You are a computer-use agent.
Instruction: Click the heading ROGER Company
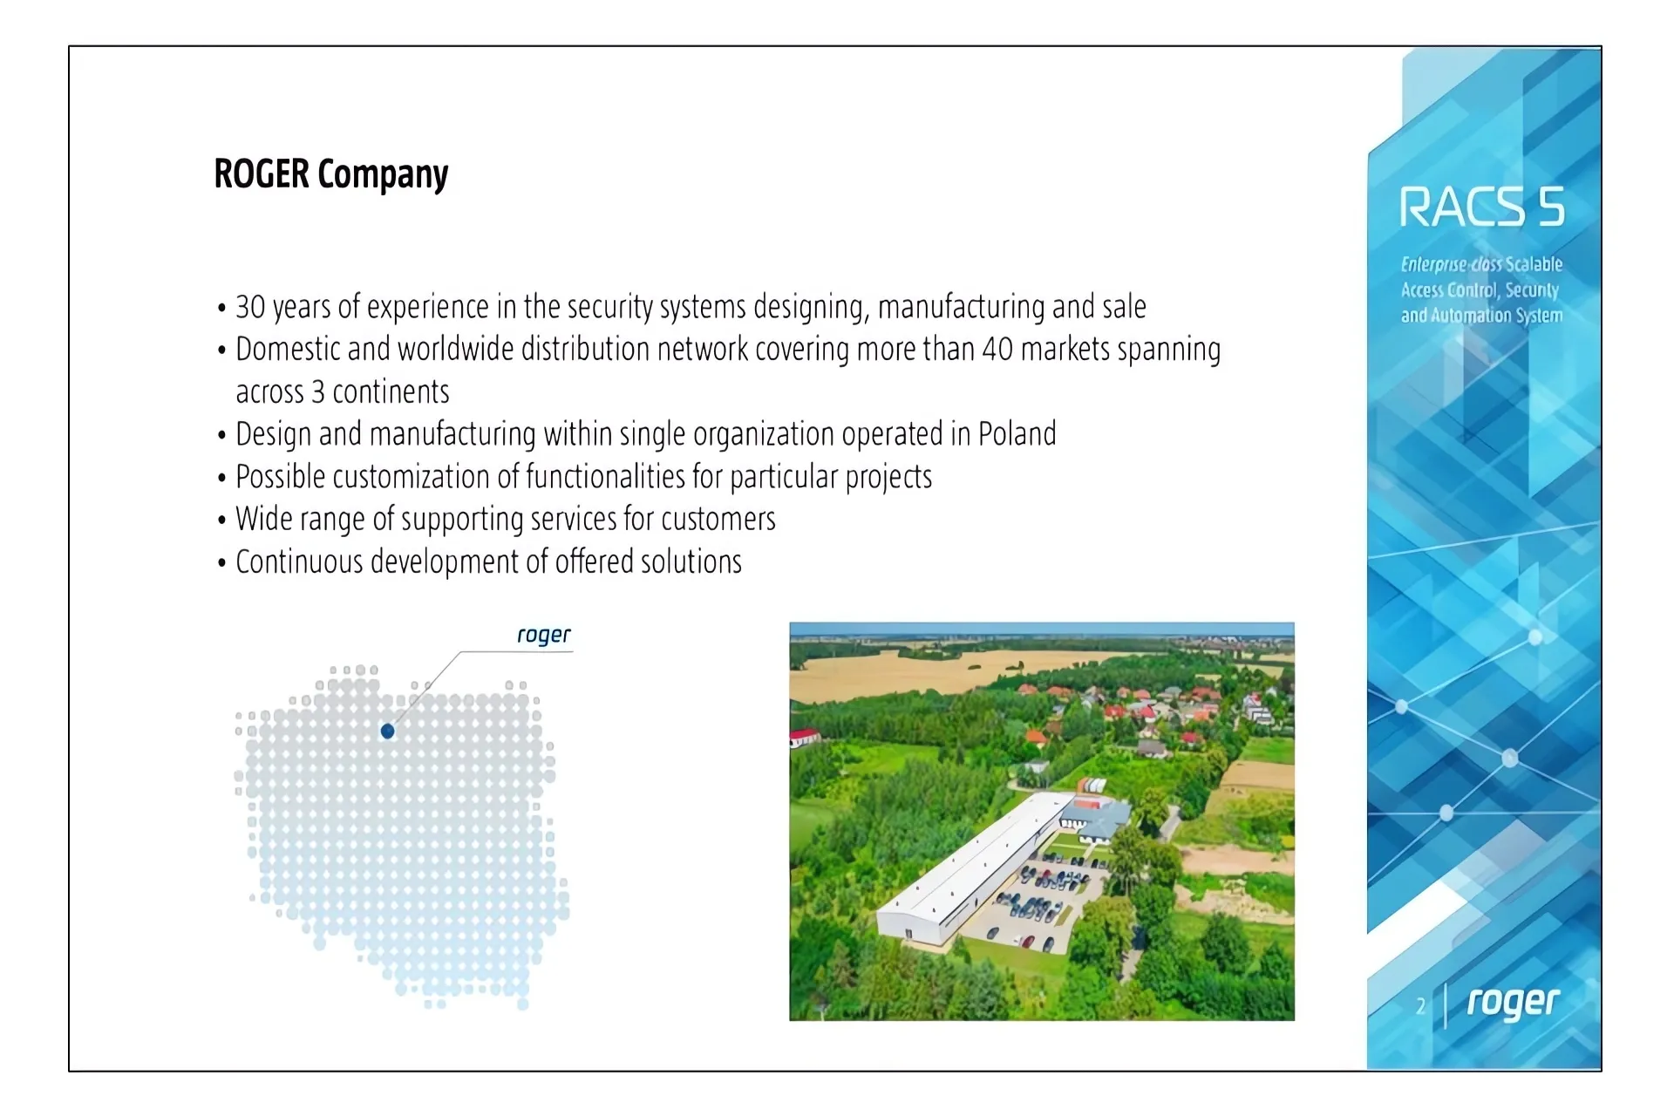(331, 174)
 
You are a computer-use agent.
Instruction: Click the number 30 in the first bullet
(250, 307)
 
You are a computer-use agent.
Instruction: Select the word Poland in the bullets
(1017, 433)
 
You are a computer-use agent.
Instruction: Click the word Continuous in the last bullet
(299, 561)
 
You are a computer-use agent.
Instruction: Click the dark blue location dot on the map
(388, 732)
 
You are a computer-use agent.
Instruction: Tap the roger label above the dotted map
(543, 635)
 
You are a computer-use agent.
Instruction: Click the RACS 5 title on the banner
(1481, 208)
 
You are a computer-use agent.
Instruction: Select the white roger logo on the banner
(1513, 1003)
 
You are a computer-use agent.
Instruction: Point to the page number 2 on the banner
(1421, 1006)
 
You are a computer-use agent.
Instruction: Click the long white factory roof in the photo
(973, 868)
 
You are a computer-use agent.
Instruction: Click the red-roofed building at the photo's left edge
(804, 737)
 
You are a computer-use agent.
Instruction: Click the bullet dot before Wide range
(221, 521)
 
